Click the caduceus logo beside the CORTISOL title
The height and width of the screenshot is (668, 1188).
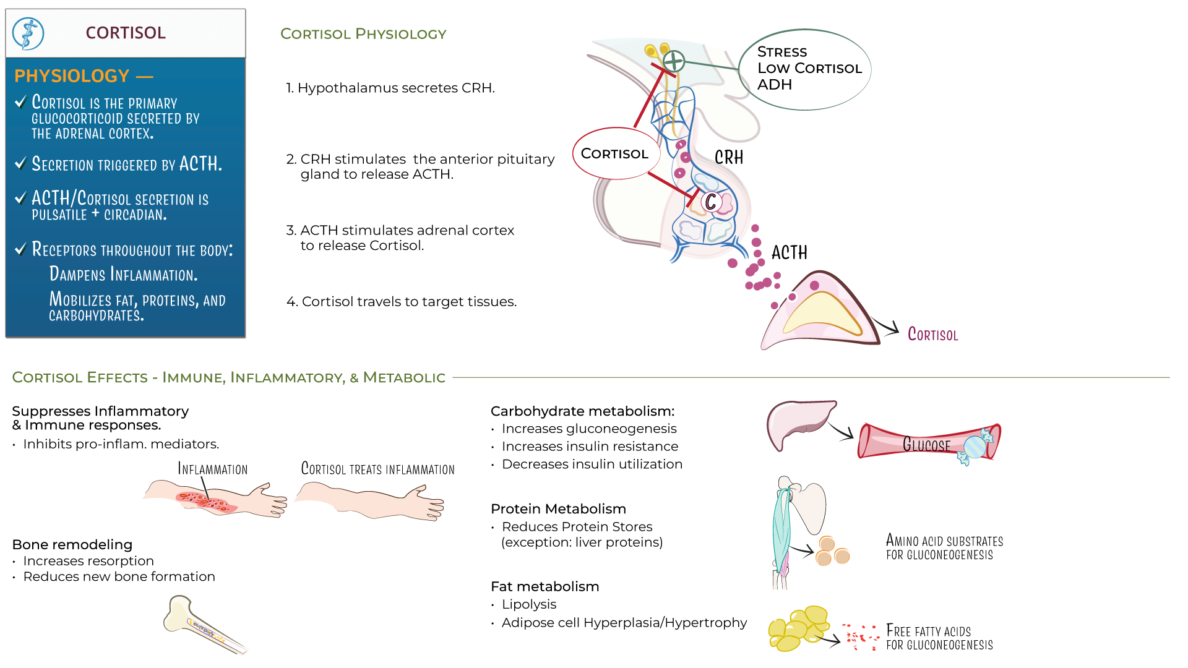click(28, 33)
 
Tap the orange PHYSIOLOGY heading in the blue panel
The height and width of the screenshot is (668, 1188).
click(72, 76)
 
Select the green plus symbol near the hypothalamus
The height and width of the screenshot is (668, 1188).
click(674, 61)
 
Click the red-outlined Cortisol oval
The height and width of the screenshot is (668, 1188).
click(614, 153)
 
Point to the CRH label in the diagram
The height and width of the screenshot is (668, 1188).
click(729, 158)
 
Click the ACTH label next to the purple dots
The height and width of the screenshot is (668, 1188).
click(789, 252)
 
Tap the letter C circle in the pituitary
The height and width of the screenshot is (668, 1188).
click(710, 201)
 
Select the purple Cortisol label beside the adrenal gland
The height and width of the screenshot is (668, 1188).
click(932, 335)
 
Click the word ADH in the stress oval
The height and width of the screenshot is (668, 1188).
click(774, 85)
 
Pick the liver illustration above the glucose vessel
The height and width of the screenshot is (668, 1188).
click(799, 422)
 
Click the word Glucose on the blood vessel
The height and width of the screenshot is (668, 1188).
click(926, 445)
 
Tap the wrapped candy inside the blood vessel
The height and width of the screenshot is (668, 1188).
click(976, 447)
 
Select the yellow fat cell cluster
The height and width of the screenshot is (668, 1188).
click(796, 628)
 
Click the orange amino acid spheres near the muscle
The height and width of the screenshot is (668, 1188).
click(831, 551)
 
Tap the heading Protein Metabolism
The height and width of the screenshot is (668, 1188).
click(558, 509)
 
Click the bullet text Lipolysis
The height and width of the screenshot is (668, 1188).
click(529, 604)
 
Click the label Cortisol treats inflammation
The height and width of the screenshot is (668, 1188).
click(377, 469)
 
